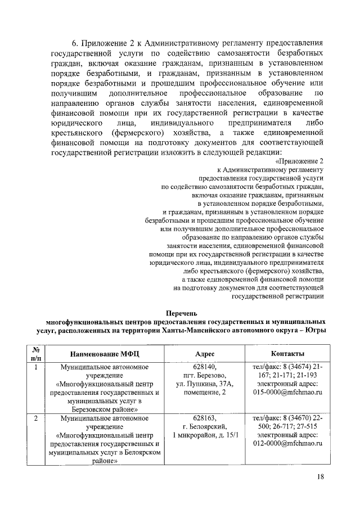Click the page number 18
click(319, 477)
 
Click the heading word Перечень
click(183, 313)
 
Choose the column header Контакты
click(287, 354)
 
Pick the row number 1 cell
click(36, 367)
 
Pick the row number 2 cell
click(36, 418)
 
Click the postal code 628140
click(204, 367)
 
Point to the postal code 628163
click(204, 418)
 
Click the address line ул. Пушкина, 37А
click(204, 384)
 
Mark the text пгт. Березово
click(204, 376)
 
